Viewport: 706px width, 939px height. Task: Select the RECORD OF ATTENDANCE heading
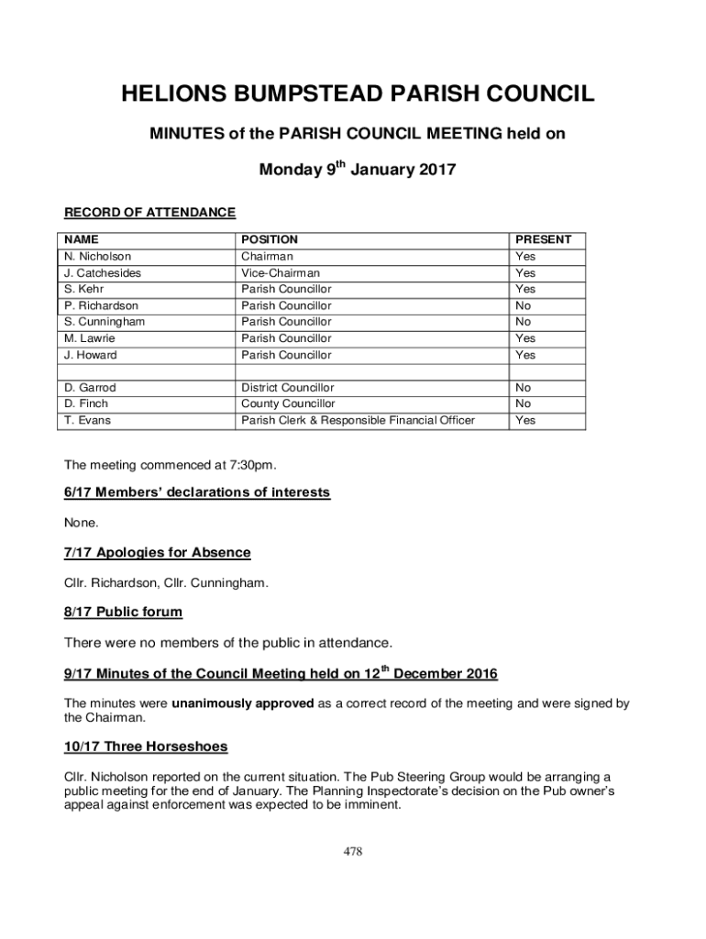pyautogui.click(x=149, y=213)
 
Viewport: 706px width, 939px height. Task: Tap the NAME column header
pyautogui.click(x=81, y=239)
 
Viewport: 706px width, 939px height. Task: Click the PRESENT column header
pyautogui.click(x=543, y=239)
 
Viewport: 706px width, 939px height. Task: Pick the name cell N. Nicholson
pyautogui.click(x=97, y=257)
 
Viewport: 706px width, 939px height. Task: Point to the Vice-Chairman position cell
pyautogui.click(x=281, y=273)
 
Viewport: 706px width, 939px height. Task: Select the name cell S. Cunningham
pyautogui.click(x=105, y=322)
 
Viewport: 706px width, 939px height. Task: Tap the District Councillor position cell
pyautogui.click(x=287, y=388)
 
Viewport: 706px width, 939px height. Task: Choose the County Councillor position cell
pyautogui.click(x=288, y=403)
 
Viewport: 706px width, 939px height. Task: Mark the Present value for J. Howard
pyautogui.click(x=525, y=355)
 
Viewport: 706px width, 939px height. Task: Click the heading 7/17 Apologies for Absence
pyautogui.click(x=157, y=553)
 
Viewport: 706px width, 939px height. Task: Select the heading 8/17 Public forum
pyautogui.click(x=123, y=612)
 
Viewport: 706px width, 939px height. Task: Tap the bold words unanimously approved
pyautogui.click(x=243, y=704)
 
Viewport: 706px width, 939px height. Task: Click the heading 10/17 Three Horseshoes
pyautogui.click(x=146, y=746)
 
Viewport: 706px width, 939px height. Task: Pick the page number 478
pyautogui.click(x=353, y=851)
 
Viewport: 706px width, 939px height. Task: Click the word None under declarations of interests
pyautogui.click(x=81, y=523)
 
